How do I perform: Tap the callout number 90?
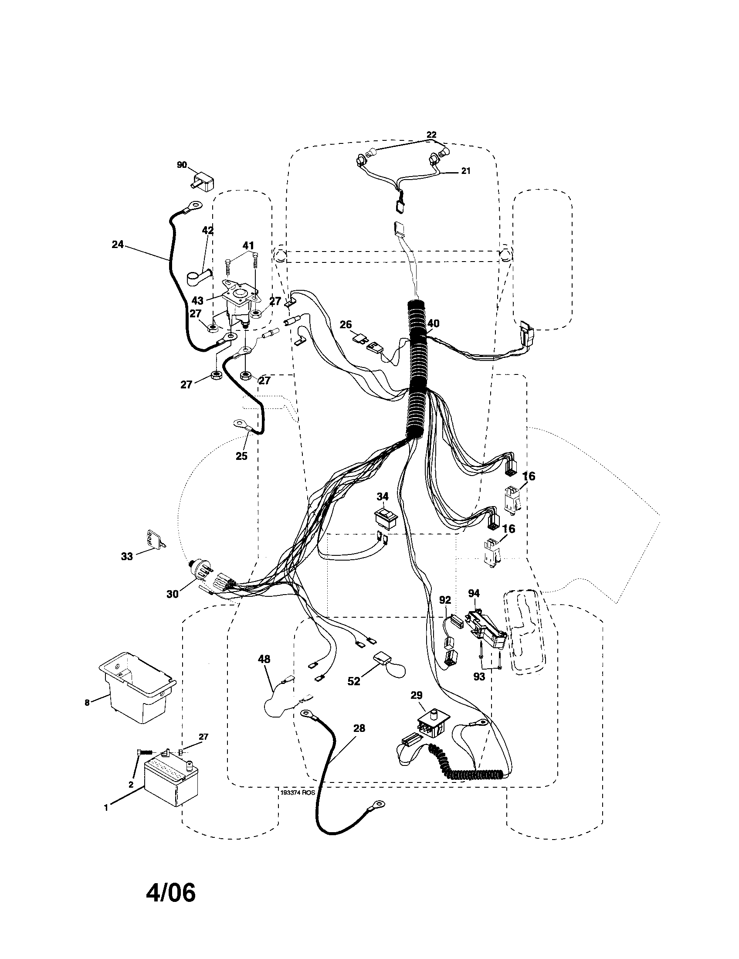click(182, 165)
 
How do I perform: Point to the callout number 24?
click(118, 244)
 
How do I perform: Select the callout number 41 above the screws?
click(248, 245)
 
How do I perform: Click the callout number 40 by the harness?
click(433, 323)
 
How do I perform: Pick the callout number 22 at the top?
click(431, 134)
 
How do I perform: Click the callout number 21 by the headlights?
click(466, 171)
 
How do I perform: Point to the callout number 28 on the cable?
click(359, 728)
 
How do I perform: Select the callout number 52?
click(354, 681)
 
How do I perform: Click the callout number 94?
click(474, 594)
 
